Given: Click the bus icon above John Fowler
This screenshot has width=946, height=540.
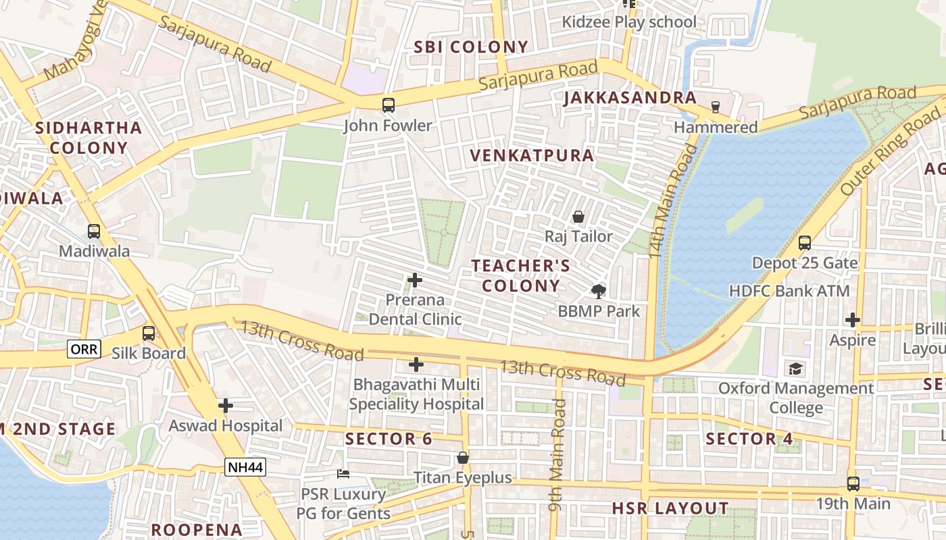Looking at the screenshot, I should (389, 105).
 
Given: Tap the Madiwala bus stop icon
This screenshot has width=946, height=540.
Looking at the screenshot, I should (94, 231).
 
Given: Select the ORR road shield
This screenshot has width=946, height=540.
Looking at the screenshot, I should (84, 349).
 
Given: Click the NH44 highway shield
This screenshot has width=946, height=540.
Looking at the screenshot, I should (245, 466).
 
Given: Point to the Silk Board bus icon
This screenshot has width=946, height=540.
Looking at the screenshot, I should (148, 333).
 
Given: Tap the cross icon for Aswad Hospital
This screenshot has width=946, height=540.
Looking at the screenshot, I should (226, 406).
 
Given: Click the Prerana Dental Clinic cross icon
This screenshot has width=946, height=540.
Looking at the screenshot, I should (415, 279).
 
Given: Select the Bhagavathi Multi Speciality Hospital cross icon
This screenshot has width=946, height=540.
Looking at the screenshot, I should (416, 364).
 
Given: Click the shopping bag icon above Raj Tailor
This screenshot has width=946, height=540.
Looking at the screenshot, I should (578, 217).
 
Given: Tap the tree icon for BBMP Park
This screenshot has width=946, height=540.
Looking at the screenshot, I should (598, 291).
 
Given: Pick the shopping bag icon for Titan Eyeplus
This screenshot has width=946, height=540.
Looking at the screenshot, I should (463, 458).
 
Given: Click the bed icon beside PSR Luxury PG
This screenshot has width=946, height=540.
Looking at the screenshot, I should (343, 474).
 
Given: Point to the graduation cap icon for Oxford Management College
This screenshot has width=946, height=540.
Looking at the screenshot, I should (796, 369).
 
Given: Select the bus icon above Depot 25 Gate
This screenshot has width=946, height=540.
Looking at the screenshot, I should (804, 242).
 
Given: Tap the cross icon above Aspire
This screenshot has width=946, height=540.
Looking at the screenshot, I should (853, 319).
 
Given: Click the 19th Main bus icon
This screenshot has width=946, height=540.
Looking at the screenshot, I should (853, 483).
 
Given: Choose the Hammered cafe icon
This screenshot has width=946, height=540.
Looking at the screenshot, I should (716, 107).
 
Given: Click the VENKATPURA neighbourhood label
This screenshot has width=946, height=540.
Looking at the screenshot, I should (532, 155).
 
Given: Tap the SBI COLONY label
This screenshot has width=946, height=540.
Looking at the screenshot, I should (471, 47).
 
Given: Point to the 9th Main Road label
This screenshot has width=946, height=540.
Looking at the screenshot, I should (557, 455).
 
